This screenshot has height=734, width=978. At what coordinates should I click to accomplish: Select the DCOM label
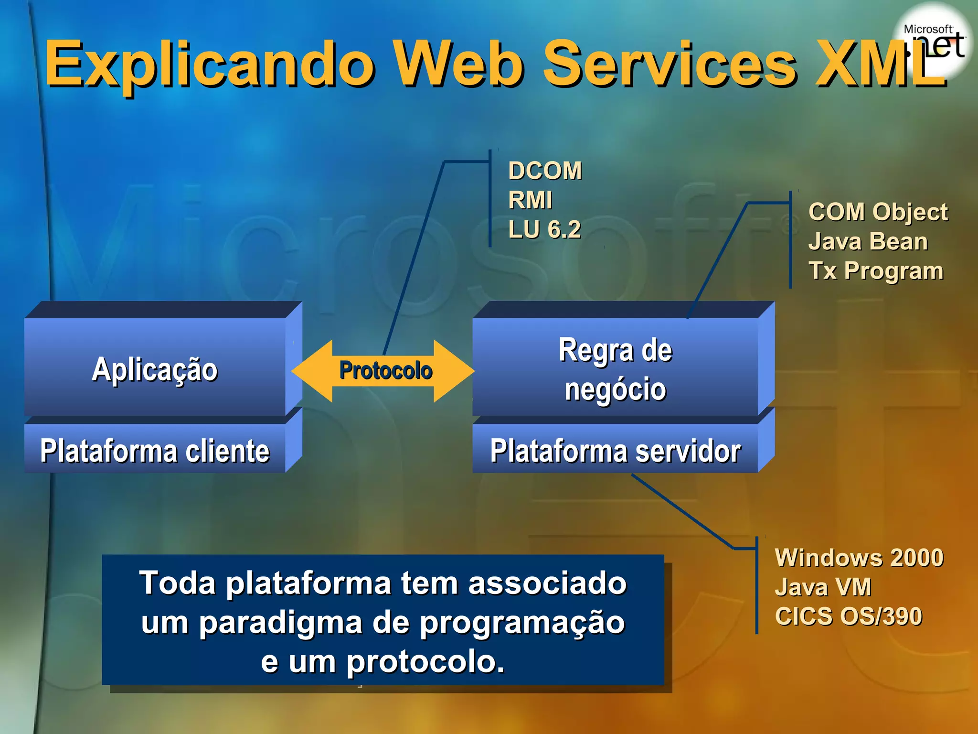[x=545, y=171]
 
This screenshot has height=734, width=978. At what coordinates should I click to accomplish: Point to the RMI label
[x=530, y=200]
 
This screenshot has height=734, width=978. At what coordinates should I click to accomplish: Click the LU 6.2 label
[x=544, y=229]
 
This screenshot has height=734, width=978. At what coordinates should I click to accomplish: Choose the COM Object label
[x=878, y=212]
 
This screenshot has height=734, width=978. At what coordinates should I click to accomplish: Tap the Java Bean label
[x=868, y=241]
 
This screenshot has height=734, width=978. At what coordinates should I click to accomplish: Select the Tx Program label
[x=876, y=271]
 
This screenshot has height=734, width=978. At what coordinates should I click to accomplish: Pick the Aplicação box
[x=155, y=368]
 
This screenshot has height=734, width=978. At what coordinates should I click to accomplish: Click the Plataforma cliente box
[x=155, y=450]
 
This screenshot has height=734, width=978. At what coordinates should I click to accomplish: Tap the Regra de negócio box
[x=615, y=368]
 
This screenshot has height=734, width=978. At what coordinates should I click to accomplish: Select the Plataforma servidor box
[x=615, y=450]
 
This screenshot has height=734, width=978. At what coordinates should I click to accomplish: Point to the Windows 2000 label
[x=859, y=558]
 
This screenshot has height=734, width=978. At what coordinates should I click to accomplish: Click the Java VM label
[x=823, y=587]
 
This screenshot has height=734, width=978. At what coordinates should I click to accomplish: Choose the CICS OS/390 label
[x=848, y=616]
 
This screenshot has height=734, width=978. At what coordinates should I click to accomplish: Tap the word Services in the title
[x=669, y=65]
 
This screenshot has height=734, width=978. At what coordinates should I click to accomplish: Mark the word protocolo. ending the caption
[x=425, y=662]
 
